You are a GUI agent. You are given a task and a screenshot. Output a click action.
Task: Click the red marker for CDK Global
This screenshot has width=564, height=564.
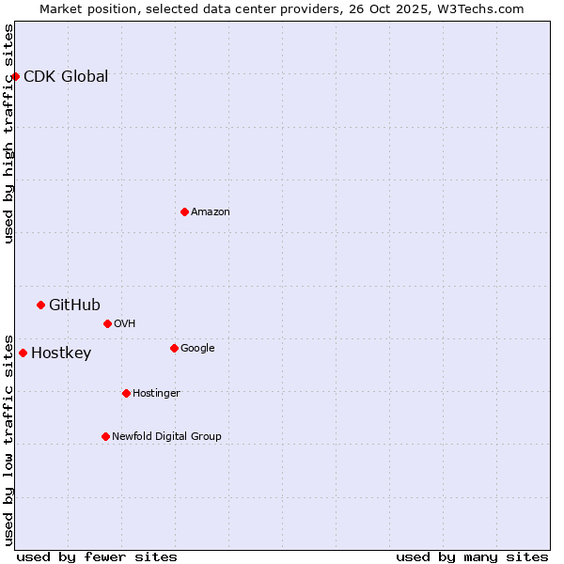point(16,76)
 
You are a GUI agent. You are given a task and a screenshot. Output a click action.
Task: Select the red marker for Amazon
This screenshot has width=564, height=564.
point(184,211)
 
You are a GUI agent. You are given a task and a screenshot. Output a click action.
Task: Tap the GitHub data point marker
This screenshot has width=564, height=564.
point(40,305)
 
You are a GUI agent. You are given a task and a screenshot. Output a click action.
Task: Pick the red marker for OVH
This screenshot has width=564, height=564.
point(107,323)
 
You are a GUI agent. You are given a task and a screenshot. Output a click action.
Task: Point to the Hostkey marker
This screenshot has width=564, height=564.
point(23,352)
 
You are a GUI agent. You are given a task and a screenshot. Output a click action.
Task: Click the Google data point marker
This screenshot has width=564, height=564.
point(174,348)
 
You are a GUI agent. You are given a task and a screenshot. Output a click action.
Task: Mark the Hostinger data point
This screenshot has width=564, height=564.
point(126,393)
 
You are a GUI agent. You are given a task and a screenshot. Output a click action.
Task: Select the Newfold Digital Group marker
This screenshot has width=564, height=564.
point(105,436)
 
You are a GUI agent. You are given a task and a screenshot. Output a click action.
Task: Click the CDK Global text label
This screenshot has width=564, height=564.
point(66,77)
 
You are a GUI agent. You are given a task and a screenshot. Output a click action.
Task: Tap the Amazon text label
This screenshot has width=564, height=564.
point(211,212)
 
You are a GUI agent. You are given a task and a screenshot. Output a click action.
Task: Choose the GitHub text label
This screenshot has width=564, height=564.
point(74,305)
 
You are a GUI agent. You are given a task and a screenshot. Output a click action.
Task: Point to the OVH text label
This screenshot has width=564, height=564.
point(125,324)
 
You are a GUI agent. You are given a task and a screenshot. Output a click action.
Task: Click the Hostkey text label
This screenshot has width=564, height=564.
point(61,353)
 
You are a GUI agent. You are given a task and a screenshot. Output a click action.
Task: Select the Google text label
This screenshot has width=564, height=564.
point(197,349)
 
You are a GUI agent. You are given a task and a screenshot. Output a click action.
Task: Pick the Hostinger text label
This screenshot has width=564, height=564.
point(156,393)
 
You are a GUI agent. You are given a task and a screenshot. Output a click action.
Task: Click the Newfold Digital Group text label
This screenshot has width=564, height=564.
point(166,436)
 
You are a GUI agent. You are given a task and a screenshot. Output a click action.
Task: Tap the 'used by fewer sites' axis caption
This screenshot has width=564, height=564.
point(97,557)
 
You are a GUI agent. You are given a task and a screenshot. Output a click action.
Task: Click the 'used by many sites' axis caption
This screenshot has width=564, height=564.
point(472,557)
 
